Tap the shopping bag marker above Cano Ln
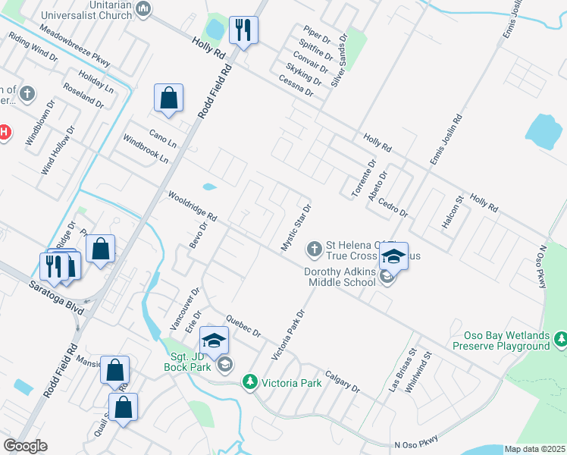pyautogui.click(x=168, y=98)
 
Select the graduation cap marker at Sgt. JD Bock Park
pyautogui.click(x=214, y=340)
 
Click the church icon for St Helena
pyautogui.click(x=314, y=248)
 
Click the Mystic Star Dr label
pyautogui.click(x=296, y=227)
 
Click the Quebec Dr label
pyautogui.click(x=243, y=325)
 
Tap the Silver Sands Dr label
pyautogui.click(x=338, y=58)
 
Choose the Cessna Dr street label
pyautogui.click(x=296, y=86)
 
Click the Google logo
pyautogui.click(x=25, y=446)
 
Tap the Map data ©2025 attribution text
pyautogui.click(x=534, y=449)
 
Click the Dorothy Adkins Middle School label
pyautogui.click(x=340, y=277)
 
